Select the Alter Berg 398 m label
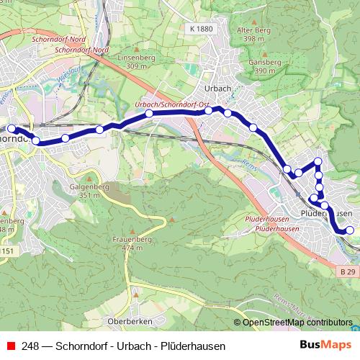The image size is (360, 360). click(x=253, y=35)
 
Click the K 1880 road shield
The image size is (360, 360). click(x=204, y=28)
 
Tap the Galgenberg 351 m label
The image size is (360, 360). click(x=84, y=190)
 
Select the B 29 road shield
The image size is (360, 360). click(x=348, y=271)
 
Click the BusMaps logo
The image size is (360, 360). click(x=325, y=346)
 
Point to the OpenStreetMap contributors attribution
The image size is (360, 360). click(x=297, y=323)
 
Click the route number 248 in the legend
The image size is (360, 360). click(x=30, y=346)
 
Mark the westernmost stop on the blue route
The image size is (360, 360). click(x=11, y=129)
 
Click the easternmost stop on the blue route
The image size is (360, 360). click(x=350, y=231)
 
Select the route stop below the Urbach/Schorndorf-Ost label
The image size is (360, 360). click(x=149, y=114)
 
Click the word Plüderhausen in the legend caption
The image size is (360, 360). click(x=195, y=346)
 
